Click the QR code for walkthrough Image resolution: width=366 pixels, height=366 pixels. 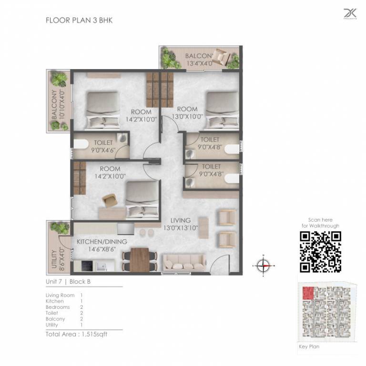(320, 252)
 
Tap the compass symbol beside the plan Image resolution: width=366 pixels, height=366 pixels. (263, 265)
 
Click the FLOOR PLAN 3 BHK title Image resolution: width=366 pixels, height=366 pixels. (79, 20)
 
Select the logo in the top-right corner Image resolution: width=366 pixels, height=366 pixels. (350, 14)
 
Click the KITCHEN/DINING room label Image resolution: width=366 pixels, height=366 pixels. (102, 245)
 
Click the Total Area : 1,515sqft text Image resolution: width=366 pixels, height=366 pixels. (76, 334)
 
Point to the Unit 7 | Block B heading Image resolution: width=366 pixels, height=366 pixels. (68, 282)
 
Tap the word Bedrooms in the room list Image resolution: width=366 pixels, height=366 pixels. (57, 307)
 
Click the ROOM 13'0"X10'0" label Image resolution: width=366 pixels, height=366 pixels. (187, 112)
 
